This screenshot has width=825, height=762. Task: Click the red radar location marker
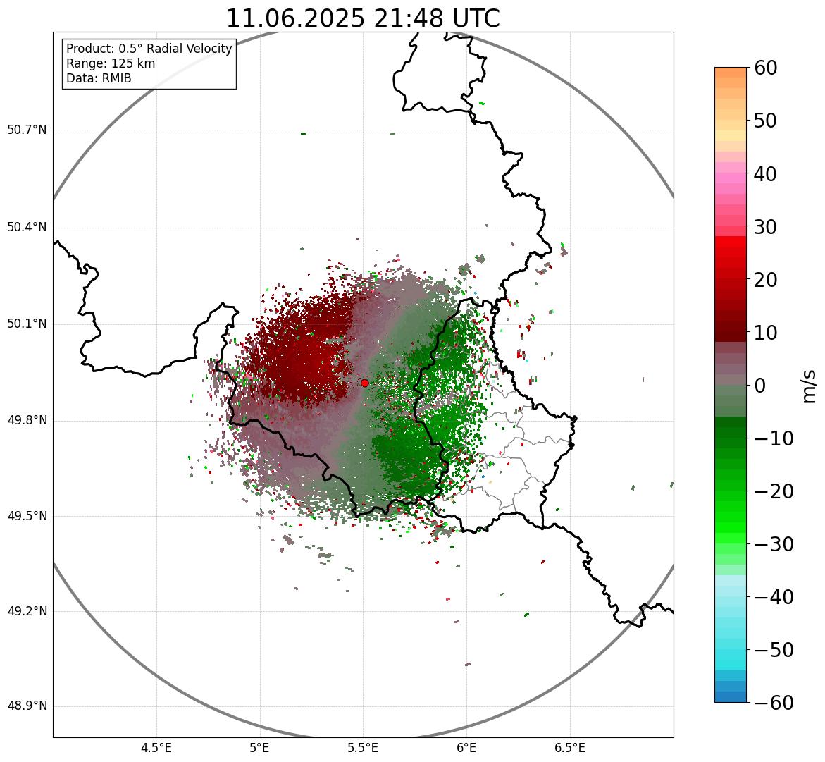pos(364,383)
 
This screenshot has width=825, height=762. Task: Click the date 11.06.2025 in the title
pos(295,18)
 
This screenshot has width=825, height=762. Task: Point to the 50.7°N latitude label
pos(26,130)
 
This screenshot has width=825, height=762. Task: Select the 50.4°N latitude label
pos(26,227)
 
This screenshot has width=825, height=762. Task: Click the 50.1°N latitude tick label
pos(26,324)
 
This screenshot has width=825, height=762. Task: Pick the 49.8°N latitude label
pos(26,421)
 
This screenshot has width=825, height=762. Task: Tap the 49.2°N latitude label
pos(26,611)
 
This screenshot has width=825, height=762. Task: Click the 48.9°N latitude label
pos(26,706)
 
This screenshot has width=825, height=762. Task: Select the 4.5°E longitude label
pos(156,748)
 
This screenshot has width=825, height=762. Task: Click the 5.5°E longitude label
pos(363,748)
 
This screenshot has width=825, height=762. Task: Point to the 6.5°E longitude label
pos(569,748)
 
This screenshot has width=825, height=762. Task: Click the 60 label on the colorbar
pos(766,68)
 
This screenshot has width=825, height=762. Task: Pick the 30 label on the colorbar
pos(766,227)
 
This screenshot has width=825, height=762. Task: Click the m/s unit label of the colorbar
pos(810,386)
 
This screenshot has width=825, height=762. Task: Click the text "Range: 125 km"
pos(111,63)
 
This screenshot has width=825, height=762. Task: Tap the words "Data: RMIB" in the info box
pos(99,78)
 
